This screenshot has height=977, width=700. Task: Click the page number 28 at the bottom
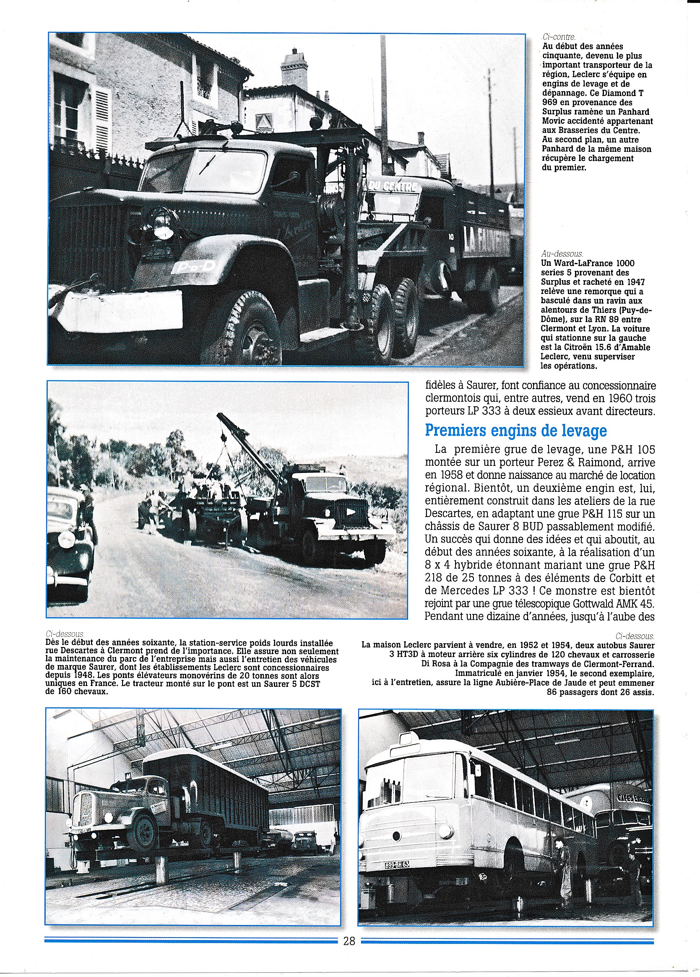(349, 941)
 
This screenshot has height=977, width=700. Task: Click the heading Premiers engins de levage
(515, 430)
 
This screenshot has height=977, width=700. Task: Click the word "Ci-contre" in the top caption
(559, 37)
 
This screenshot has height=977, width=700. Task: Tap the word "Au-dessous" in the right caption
(561, 254)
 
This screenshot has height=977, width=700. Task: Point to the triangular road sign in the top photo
(264, 122)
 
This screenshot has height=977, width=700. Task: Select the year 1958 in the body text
(441, 475)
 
